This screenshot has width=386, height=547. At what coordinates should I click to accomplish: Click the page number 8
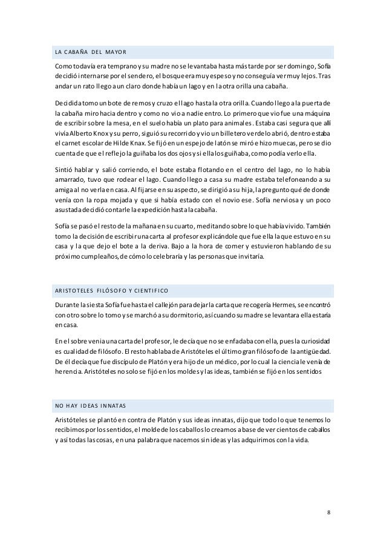point(328,512)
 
